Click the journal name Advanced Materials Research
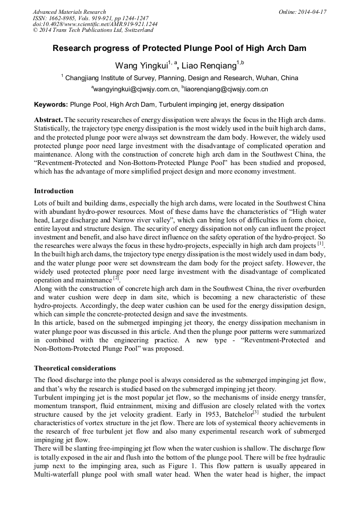(x=69, y=12)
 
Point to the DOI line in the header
(x=95, y=24)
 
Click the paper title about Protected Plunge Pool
(x=179, y=48)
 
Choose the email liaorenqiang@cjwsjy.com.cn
(x=227, y=89)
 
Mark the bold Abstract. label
(x=48, y=120)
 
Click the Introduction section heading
(x=54, y=191)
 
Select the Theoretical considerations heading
(x=75, y=368)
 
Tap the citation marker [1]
(x=320, y=244)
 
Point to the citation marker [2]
(x=116, y=278)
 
